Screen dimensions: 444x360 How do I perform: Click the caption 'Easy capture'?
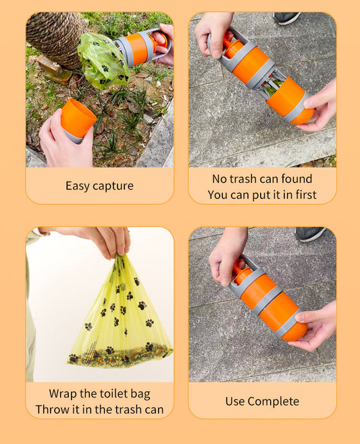(99, 186)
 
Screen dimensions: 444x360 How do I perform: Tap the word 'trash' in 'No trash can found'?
(245, 179)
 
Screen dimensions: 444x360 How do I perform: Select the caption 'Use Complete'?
(262, 401)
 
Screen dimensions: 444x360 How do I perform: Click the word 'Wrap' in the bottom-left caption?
(63, 393)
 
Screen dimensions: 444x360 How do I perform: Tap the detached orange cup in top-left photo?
(78, 119)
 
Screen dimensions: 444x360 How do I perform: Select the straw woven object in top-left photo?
(55, 36)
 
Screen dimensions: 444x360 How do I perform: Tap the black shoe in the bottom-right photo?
(310, 233)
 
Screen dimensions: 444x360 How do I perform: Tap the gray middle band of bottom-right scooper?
(267, 300)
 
